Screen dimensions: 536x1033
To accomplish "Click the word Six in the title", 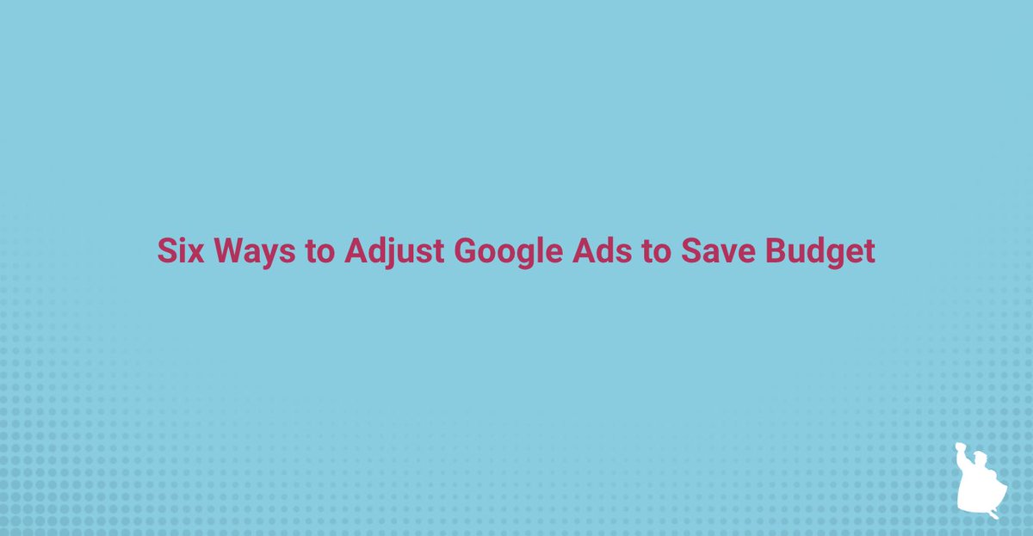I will click(x=178, y=251).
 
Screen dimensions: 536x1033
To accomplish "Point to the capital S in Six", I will click(x=166, y=251).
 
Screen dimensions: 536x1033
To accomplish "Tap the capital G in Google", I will click(x=466, y=251).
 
